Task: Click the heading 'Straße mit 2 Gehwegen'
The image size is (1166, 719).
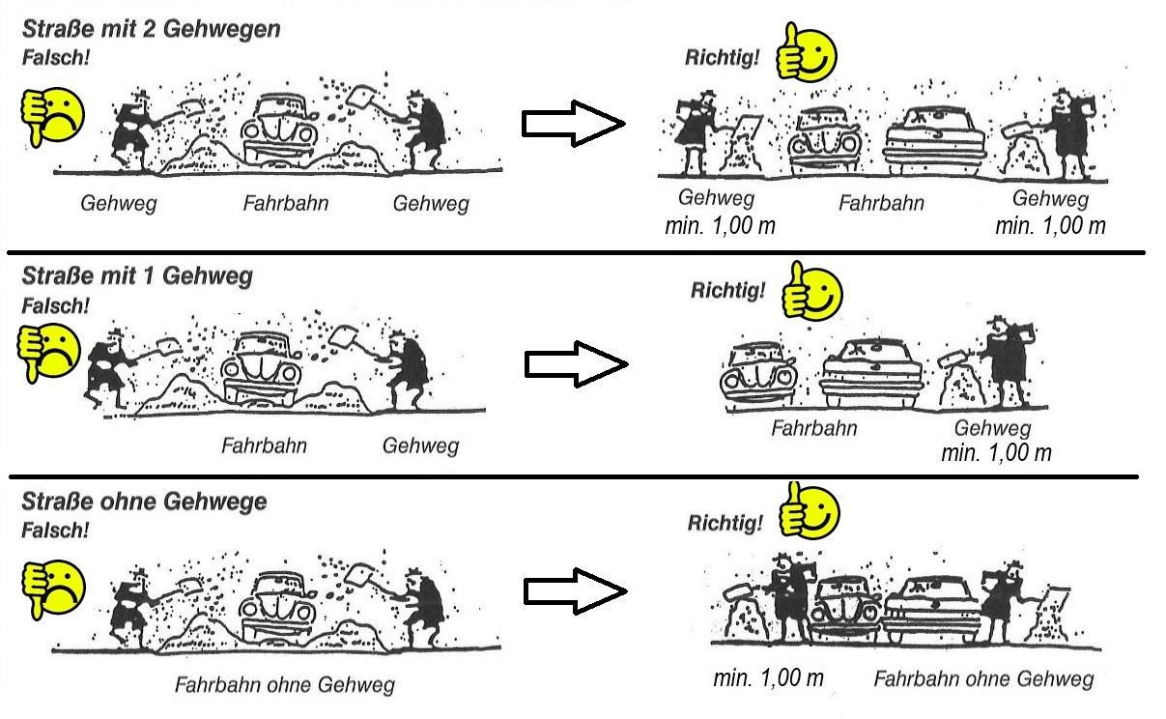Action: point(151,29)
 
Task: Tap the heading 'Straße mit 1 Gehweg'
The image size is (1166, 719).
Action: point(136,276)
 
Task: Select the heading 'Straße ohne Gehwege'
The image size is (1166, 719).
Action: point(144,503)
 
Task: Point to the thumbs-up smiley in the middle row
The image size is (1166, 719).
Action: point(812,292)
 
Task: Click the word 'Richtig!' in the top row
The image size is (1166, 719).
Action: point(722,57)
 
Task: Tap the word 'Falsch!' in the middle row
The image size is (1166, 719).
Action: point(55,306)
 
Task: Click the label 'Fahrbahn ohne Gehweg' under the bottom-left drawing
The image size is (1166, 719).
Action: point(284,685)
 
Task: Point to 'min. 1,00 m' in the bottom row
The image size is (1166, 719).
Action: point(768,678)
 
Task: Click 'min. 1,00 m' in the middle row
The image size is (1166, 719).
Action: point(996,452)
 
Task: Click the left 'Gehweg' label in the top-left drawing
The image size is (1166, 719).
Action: point(118,205)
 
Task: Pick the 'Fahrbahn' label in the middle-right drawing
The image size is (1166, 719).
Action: point(813,428)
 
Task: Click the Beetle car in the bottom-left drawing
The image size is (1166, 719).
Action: point(282,606)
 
